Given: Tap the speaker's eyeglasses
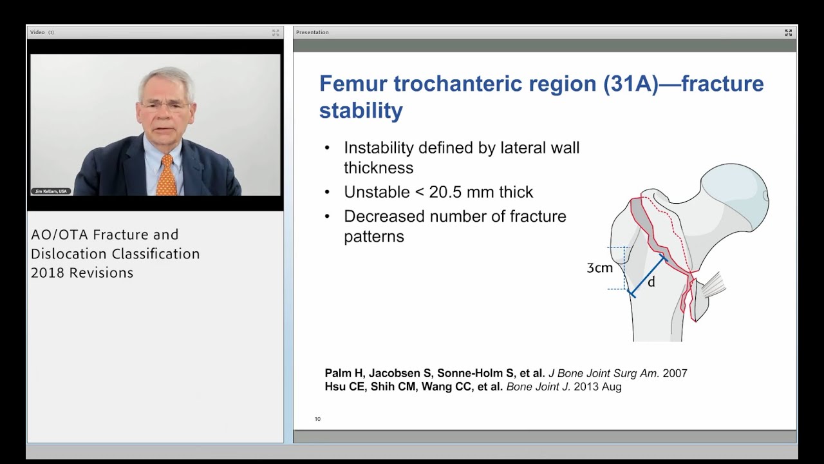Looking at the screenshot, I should point(165,105).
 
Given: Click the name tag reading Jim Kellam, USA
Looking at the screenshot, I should point(51,191).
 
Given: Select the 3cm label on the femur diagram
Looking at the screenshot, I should point(599,267).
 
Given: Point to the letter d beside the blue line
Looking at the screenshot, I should point(651,282).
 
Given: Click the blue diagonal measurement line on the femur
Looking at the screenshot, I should point(647,275).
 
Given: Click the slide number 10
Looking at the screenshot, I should point(317,420).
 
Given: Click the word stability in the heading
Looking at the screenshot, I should point(360,110).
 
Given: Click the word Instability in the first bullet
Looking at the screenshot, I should point(379,148).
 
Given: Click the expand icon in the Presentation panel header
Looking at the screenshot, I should point(788,32).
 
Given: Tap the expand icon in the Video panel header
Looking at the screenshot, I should point(276,32).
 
